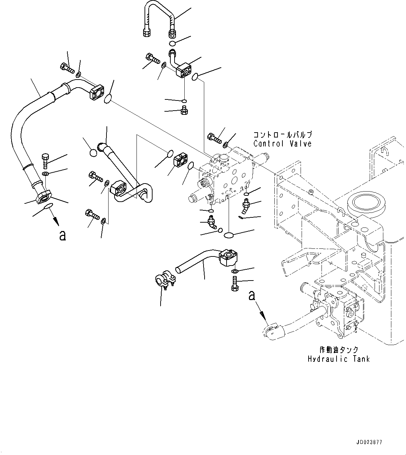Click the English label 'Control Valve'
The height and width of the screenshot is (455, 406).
(x=282, y=143)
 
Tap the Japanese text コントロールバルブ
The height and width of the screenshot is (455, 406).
(x=282, y=135)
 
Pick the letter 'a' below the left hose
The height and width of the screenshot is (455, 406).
(x=62, y=236)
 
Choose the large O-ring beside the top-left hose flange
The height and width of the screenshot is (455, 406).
(x=109, y=99)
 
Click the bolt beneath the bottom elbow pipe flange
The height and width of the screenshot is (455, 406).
(x=234, y=283)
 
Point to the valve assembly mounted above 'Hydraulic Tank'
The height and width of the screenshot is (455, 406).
(x=335, y=307)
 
